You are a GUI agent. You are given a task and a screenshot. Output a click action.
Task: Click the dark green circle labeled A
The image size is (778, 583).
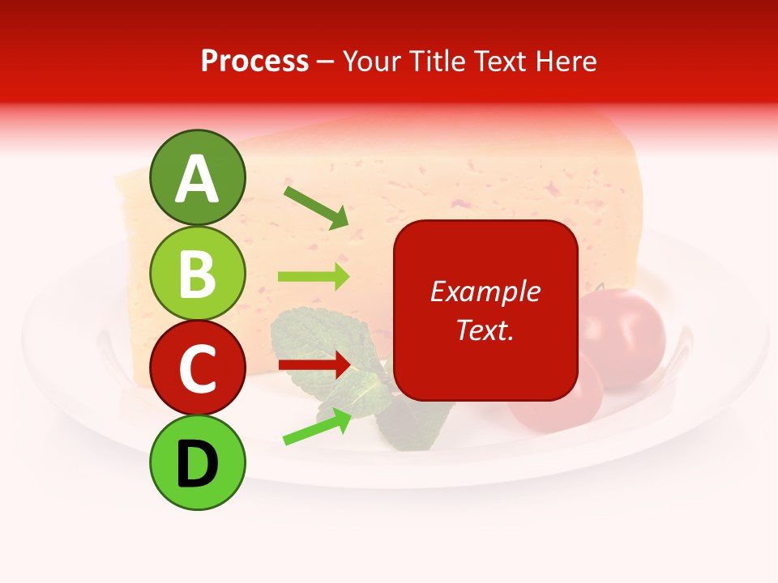coord(197,177)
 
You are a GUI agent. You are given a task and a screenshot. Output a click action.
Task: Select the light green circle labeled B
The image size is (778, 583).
coord(197,273)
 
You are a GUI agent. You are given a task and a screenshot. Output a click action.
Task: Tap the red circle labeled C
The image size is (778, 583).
coord(197,368)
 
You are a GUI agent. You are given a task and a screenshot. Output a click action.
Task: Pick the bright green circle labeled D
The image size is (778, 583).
coord(197,463)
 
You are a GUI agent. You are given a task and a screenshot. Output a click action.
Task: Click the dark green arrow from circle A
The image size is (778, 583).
coord(316,207)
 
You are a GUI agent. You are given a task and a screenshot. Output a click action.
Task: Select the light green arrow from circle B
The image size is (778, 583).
coord(314,276)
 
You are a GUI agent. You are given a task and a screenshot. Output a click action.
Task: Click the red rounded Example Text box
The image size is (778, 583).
coord(485,310)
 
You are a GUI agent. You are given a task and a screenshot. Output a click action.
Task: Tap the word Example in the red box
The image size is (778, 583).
coord(485,291)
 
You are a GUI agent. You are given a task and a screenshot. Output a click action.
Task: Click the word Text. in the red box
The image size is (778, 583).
coord(485,330)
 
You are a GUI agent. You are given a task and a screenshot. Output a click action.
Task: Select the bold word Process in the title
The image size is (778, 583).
coord(254,62)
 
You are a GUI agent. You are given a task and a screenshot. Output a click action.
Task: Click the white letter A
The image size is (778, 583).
coord(197,178)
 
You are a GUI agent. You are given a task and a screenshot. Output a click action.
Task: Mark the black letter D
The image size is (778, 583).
coord(197,464)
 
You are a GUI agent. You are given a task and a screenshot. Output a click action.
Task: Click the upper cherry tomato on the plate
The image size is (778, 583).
coord(622,328)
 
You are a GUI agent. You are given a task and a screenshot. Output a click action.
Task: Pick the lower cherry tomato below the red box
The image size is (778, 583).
coord(559,409)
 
